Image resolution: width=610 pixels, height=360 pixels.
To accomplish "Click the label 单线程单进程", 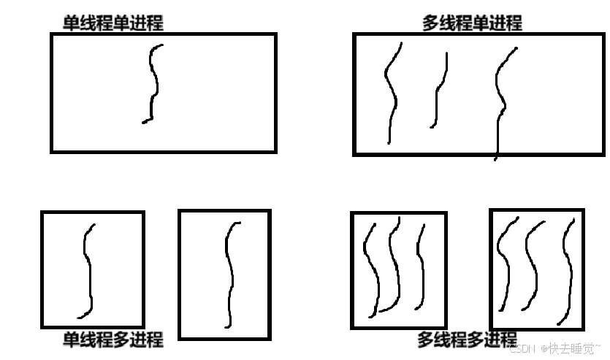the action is [x=113, y=23].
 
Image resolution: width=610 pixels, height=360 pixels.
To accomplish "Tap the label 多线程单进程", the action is [x=472, y=23].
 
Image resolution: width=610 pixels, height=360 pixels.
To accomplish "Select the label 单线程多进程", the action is [x=113, y=340].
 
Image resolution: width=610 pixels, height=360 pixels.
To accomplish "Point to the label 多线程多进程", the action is [x=468, y=340].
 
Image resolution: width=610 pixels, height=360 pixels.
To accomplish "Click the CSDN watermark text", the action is [x=555, y=348].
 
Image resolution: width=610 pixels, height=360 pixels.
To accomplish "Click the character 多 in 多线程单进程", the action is [x=430, y=23].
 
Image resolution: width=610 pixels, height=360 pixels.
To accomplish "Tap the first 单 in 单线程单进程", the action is [x=71, y=23].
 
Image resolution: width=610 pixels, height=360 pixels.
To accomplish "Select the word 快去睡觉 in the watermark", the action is [x=571, y=348].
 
